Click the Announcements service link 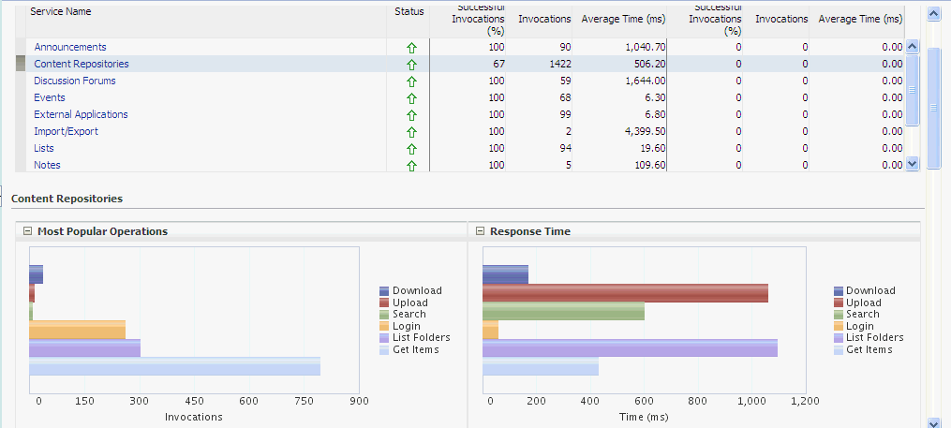click(70, 47)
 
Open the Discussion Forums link click(75, 81)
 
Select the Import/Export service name click(66, 131)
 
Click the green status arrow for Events click(410, 98)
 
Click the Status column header click(409, 11)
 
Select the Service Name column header click(60, 11)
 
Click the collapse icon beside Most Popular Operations click(27, 231)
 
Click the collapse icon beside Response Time click(480, 231)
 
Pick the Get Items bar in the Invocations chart click(174, 366)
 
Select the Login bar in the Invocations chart click(77, 330)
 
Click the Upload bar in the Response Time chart click(625, 293)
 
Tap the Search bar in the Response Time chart click(563, 312)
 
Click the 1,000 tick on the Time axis click(751, 401)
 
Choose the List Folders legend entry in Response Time click(874, 337)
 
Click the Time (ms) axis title click(646, 417)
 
